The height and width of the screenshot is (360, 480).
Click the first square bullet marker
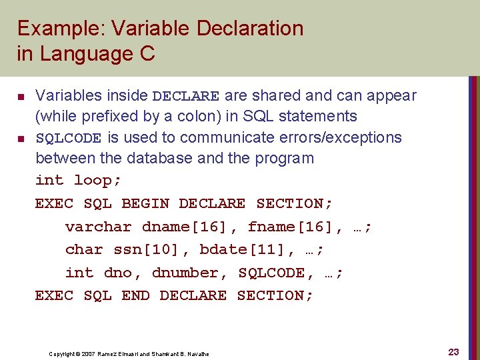click(20, 96)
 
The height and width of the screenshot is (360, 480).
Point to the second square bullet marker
click(20, 139)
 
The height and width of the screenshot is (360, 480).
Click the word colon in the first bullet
click(199, 116)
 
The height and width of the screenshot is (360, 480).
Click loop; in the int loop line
click(97, 181)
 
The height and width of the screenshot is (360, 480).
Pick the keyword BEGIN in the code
click(145, 203)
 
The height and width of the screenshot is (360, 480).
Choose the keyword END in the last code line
click(135, 295)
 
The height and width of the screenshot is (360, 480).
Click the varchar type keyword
click(99, 227)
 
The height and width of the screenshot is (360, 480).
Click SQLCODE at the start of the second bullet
click(68, 138)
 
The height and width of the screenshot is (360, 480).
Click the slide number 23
click(453, 352)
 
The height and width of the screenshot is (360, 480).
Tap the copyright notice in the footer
click(129, 353)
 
